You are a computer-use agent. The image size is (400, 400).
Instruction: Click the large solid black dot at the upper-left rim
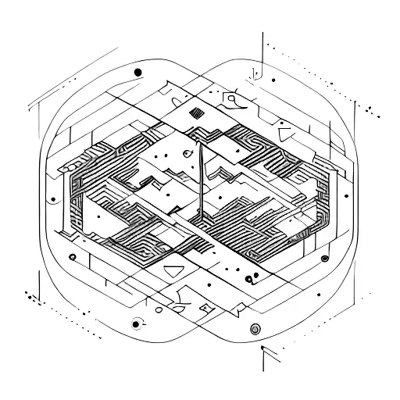(138, 72)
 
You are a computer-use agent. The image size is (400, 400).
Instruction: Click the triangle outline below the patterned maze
(173, 272)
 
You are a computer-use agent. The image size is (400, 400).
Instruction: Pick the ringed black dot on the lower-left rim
(137, 323)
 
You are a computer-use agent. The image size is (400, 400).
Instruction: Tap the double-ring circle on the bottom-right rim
(255, 329)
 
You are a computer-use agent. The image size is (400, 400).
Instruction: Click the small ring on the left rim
(72, 256)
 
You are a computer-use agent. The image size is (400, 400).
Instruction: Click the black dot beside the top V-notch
(273, 80)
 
